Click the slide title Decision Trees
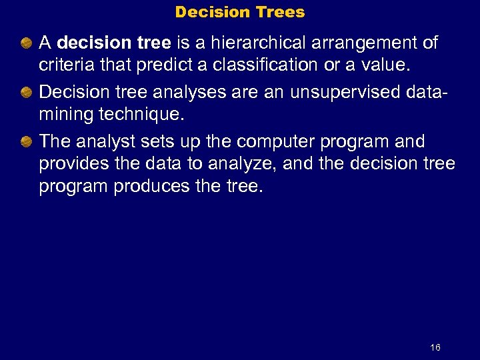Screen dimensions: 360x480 coord(239,12)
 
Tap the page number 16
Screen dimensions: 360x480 coord(435,347)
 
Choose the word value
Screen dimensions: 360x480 coord(387,65)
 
